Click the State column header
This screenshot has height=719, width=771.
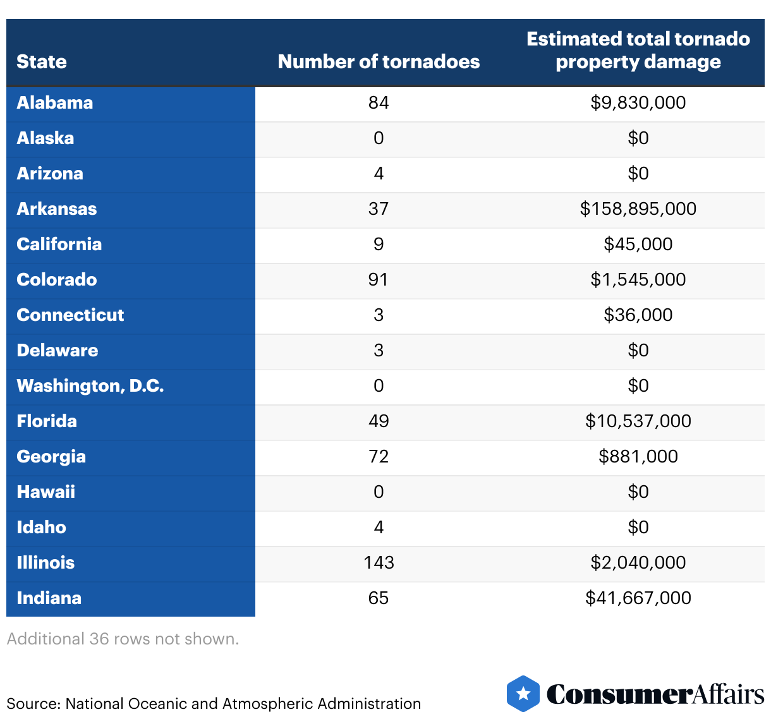click(x=42, y=62)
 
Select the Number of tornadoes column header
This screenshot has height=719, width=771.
click(x=379, y=62)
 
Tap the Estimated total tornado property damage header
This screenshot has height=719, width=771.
click(x=638, y=51)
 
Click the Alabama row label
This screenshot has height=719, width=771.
click(x=55, y=103)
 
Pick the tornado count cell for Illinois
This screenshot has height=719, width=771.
click(x=379, y=563)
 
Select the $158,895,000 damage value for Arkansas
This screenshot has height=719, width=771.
click(x=638, y=209)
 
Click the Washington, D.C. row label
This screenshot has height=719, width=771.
click(x=90, y=386)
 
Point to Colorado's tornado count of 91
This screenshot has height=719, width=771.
click(x=379, y=280)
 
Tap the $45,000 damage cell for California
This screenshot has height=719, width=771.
click(x=638, y=245)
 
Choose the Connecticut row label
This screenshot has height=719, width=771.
click(x=70, y=315)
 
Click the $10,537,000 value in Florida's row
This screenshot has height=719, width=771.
click(x=638, y=421)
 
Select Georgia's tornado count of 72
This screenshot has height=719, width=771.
click(x=379, y=457)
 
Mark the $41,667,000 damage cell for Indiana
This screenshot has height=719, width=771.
click(x=638, y=598)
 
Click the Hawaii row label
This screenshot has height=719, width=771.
click(x=46, y=492)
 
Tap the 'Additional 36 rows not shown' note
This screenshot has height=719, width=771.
click(x=123, y=639)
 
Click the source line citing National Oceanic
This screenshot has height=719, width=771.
click(x=214, y=704)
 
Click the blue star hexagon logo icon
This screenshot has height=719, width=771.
click(x=523, y=694)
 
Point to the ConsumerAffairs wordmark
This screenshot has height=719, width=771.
click(x=655, y=694)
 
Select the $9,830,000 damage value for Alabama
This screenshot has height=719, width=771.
click(x=638, y=103)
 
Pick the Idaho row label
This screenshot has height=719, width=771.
click(x=42, y=528)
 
